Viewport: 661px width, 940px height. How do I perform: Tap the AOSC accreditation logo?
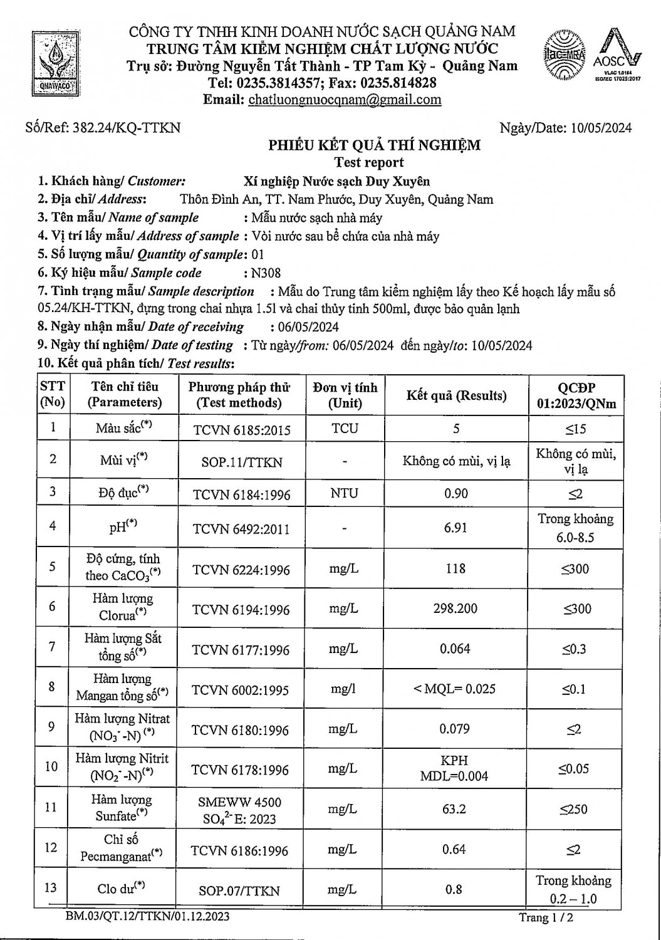point(617,57)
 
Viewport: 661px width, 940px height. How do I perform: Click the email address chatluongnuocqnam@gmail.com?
point(345,100)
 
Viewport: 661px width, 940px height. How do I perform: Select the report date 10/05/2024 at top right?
point(601,128)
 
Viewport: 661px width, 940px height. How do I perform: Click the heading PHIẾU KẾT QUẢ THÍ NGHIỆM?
point(375,145)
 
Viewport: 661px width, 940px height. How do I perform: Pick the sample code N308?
point(266,273)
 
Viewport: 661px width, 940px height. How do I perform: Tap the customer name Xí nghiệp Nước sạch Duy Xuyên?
point(336,181)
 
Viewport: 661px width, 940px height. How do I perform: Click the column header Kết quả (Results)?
point(456,395)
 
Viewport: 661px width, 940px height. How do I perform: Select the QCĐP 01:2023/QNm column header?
point(576,395)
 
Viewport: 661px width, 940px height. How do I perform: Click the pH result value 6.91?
point(455,528)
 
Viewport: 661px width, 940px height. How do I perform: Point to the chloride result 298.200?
point(455,608)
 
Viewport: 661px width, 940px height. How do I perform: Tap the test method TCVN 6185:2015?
point(241,430)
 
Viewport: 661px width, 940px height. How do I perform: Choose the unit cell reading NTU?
point(344,493)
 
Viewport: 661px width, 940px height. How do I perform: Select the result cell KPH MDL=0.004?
point(455,768)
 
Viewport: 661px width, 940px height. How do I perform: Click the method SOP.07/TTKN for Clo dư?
point(241,890)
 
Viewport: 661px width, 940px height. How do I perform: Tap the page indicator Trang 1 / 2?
point(546,918)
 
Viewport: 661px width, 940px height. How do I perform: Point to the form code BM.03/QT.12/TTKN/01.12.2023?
point(147,917)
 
